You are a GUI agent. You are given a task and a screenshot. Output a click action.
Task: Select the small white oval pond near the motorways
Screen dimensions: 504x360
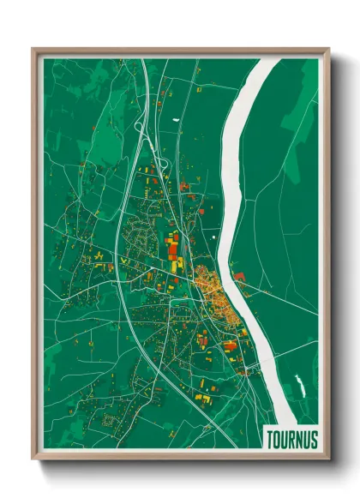click(174, 117)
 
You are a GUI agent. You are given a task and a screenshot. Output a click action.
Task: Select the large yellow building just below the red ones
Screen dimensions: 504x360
click(174, 265)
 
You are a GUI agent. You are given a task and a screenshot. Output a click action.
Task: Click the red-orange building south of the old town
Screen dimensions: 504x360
click(229, 345)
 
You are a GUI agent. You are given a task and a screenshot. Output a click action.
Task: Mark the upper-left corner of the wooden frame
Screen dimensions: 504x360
click(33, 50)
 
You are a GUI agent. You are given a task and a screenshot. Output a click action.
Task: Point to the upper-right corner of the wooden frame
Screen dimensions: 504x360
click(329, 50)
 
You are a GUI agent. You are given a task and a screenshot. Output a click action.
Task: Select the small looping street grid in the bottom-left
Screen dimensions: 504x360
click(110, 420)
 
